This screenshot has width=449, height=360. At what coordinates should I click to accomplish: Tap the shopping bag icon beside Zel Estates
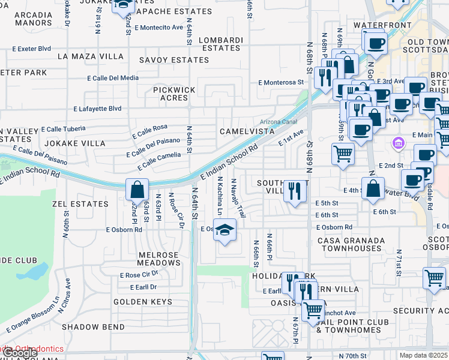tap(137, 190)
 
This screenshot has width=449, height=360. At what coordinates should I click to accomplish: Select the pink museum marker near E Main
tap(397, 143)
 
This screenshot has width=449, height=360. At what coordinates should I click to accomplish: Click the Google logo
tap(19, 353)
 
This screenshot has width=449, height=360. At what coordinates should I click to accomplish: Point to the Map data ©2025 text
tap(423, 355)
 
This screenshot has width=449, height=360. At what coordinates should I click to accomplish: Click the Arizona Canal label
tap(278, 122)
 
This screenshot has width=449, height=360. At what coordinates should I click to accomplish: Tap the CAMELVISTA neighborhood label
tap(247, 131)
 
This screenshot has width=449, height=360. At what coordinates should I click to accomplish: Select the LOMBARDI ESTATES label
tap(221, 44)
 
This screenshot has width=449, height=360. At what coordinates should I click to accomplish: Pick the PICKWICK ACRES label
tap(174, 93)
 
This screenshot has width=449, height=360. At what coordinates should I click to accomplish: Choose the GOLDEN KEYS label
tap(143, 302)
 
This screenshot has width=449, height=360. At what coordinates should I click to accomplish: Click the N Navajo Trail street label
tap(238, 197)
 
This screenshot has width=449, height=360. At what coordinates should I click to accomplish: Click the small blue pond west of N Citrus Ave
tap(35, 272)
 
